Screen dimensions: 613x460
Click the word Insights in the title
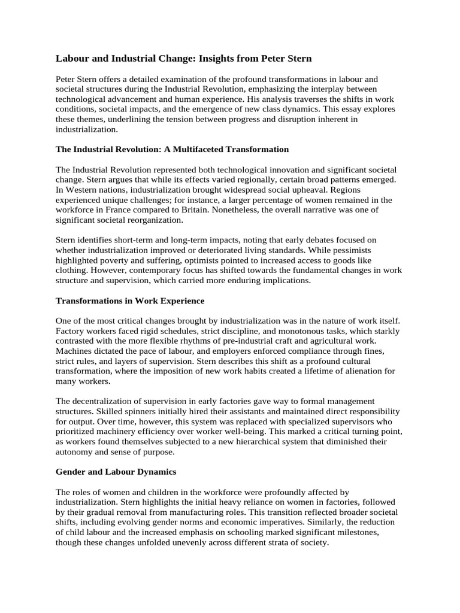pos(217,59)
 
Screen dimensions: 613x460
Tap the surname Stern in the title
pos(297,59)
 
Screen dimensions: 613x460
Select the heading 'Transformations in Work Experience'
pos(130,301)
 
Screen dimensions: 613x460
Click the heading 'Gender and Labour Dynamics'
pos(116,472)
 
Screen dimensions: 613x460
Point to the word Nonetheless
pos(259,210)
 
